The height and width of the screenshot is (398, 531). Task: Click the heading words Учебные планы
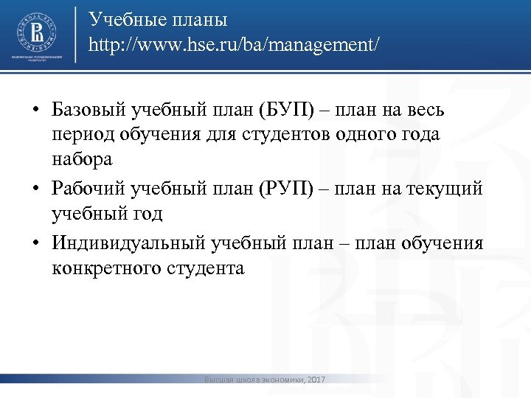(158, 18)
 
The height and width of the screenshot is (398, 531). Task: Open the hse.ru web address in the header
(235, 45)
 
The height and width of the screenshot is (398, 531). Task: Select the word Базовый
(88, 111)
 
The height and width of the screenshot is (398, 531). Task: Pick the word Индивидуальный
(128, 243)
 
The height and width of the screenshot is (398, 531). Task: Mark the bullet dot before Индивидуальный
(35, 244)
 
